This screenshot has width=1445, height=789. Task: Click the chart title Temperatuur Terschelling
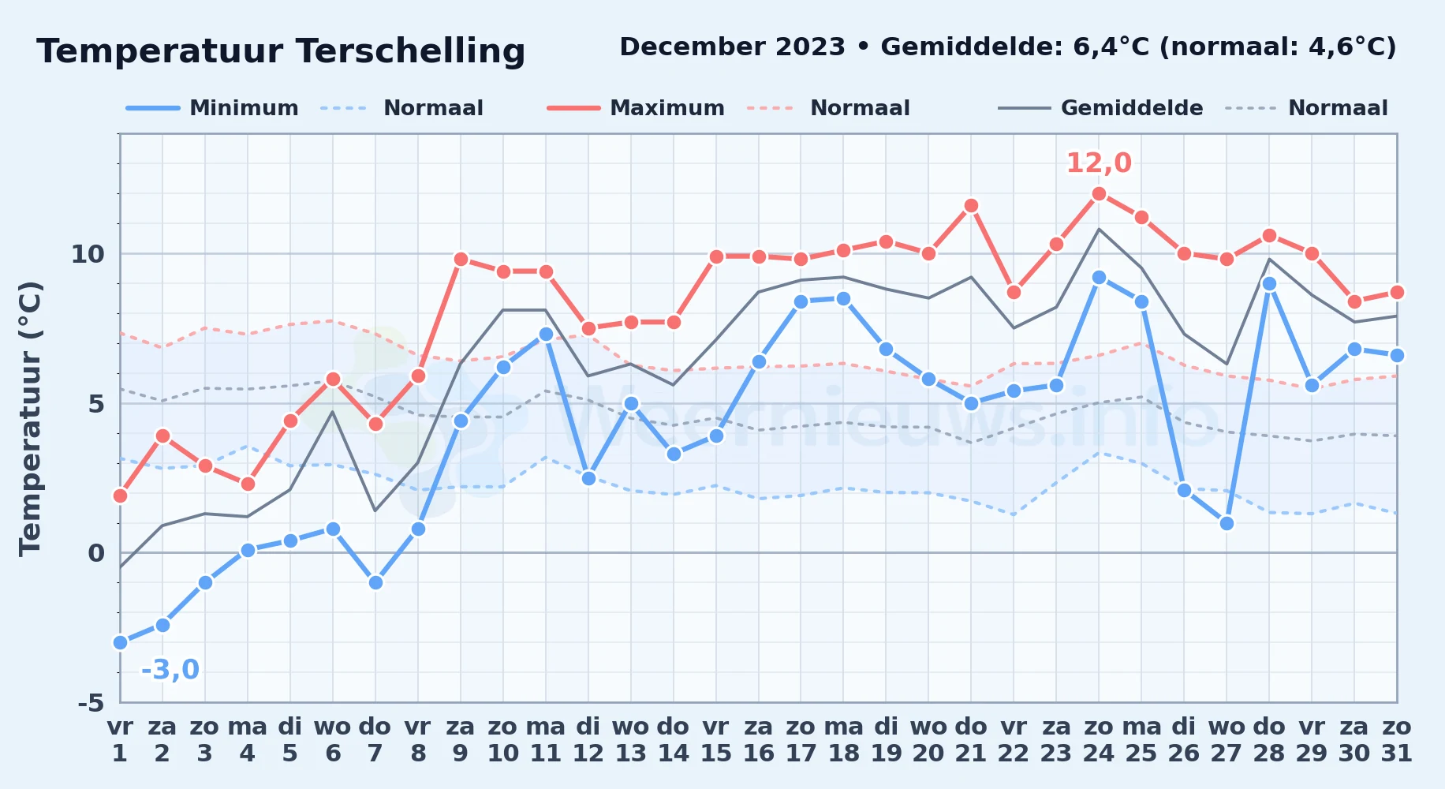click(x=281, y=51)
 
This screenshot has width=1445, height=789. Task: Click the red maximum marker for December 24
click(x=1099, y=194)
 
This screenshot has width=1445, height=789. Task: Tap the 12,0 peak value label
click(x=1099, y=163)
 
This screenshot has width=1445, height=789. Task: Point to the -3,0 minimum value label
click(x=170, y=670)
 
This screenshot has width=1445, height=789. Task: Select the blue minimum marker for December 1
click(x=120, y=642)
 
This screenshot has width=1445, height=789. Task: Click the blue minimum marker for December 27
click(x=1227, y=523)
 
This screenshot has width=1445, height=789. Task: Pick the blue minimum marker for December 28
click(x=1269, y=284)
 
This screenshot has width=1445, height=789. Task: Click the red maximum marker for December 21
click(x=971, y=206)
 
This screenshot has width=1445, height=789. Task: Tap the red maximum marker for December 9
click(x=461, y=260)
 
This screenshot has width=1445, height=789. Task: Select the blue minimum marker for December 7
click(x=375, y=582)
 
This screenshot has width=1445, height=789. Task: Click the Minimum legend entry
click(x=212, y=108)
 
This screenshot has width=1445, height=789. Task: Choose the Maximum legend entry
click(x=636, y=108)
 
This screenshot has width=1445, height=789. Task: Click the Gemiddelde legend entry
click(x=1101, y=108)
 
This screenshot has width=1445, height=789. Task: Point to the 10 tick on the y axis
click(x=88, y=254)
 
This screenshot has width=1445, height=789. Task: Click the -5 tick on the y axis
click(x=91, y=702)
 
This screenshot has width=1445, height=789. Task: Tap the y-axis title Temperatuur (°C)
click(x=30, y=418)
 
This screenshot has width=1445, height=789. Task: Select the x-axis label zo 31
click(x=1397, y=740)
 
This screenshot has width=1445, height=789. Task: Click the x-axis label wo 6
click(x=333, y=740)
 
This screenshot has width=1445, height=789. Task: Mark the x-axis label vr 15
click(x=716, y=740)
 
